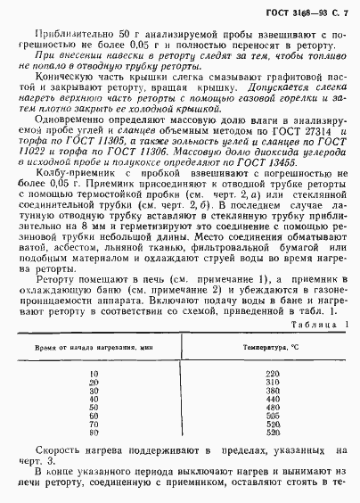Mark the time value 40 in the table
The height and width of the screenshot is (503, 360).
click(x=94, y=399)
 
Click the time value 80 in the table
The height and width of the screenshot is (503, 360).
click(x=94, y=433)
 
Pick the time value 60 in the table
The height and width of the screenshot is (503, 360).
click(x=94, y=416)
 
